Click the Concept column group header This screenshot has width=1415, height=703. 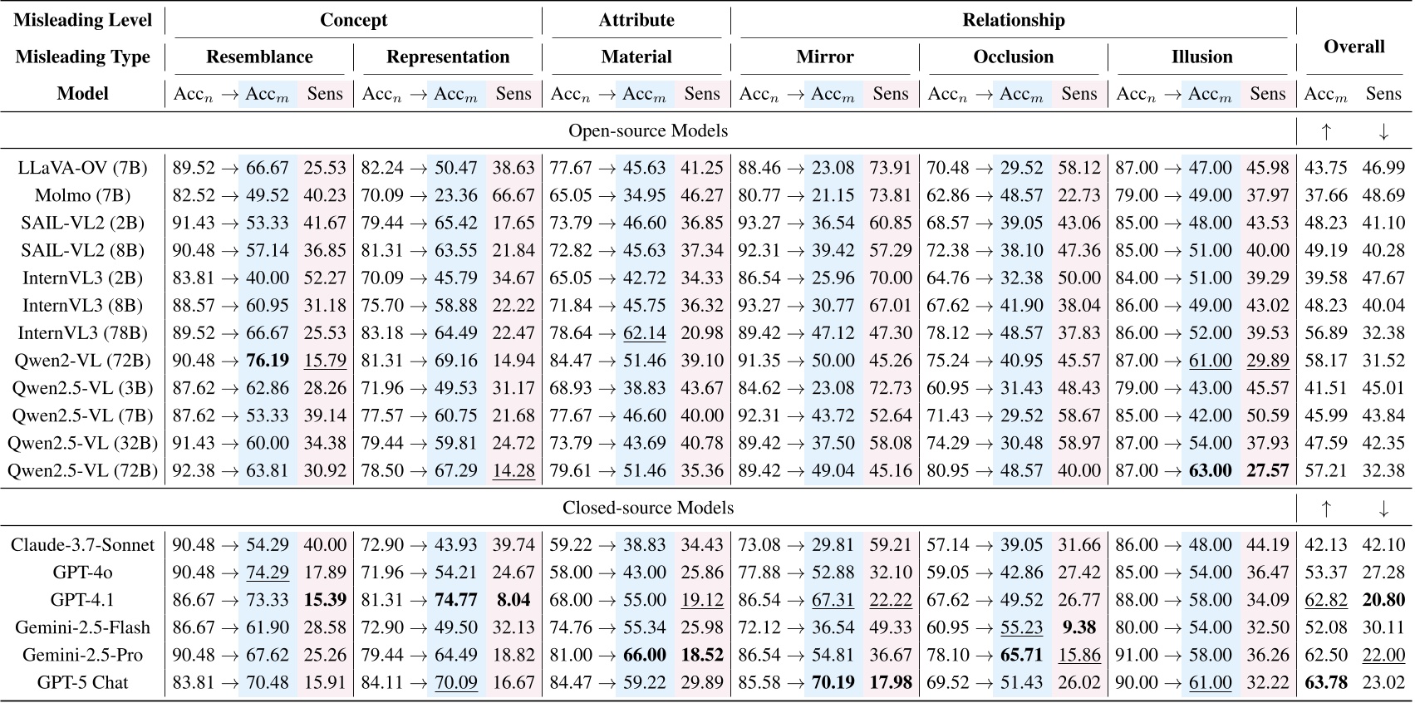coord(353,20)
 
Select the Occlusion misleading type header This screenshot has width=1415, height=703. coord(1013,57)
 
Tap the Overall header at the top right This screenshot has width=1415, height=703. coord(1354,47)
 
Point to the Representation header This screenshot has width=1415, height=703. coord(448,57)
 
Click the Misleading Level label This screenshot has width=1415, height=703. coord(83,20)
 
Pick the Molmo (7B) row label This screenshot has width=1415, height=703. coord(81,195)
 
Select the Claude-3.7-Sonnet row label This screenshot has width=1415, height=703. coord(82,545)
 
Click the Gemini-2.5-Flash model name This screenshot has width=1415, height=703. coord(82,627)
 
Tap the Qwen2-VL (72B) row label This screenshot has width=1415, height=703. coord(82,361)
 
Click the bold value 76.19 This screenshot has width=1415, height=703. coord(268,361)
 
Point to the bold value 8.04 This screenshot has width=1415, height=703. coord(513,600)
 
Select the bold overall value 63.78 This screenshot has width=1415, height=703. coord(1326,682)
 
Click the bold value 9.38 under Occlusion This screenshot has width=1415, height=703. coord(1079,627)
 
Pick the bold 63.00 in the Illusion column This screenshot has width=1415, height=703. coord(1210,471)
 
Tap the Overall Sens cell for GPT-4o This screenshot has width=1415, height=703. coord(1383,573)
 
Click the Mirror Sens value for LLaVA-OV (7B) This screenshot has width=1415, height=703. coord(891,168)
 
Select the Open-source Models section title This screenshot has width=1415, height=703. coord(648,130)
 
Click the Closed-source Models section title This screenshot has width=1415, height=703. coord(648,508)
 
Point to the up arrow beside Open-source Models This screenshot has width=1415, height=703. coord(1326,130)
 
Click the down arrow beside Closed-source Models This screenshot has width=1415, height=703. coord(1383,508)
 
